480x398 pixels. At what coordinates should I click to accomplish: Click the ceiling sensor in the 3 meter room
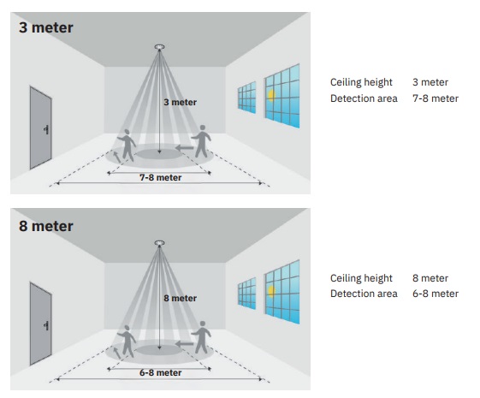(159, 47)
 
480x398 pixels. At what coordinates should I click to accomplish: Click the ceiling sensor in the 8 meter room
(159, 243)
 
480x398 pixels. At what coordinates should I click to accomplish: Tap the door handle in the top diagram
(46, 129)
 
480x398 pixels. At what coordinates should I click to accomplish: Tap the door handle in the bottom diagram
(46, 325)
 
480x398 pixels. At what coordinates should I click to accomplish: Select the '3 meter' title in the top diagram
(46, 27)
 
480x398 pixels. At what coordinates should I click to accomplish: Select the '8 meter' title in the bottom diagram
(46, 226)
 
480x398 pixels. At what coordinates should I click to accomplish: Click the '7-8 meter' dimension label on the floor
(160, 177)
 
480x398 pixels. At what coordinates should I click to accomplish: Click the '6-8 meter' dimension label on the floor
(160, 372)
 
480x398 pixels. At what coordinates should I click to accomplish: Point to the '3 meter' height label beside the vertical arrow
(180, 102)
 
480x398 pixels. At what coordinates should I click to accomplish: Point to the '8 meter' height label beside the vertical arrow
(180, 298)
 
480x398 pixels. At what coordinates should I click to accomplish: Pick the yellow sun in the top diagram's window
(271, 95)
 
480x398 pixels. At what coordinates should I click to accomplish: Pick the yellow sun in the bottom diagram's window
(271, 291)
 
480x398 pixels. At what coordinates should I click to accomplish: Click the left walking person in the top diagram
(127, 146)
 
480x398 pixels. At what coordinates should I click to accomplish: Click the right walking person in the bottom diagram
(201, 337)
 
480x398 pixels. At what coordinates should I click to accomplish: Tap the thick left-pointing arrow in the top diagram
(185, 148)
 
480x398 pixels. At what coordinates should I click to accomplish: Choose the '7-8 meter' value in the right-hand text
(436, 98)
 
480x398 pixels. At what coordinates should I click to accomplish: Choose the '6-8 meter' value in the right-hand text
(436, 294)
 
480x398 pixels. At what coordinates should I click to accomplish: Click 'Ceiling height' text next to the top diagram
(361, 82)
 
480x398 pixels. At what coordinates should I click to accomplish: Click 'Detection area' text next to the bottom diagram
(364, 294)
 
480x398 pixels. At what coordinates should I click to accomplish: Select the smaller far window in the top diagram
(246, 98)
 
